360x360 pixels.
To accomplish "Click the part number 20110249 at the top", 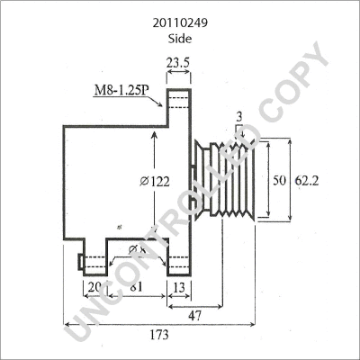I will click(x=179, y=15).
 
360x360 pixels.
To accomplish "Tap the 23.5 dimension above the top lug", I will click(x=177, y=62).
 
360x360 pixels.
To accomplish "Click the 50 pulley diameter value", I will click(x=279, y=180).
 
